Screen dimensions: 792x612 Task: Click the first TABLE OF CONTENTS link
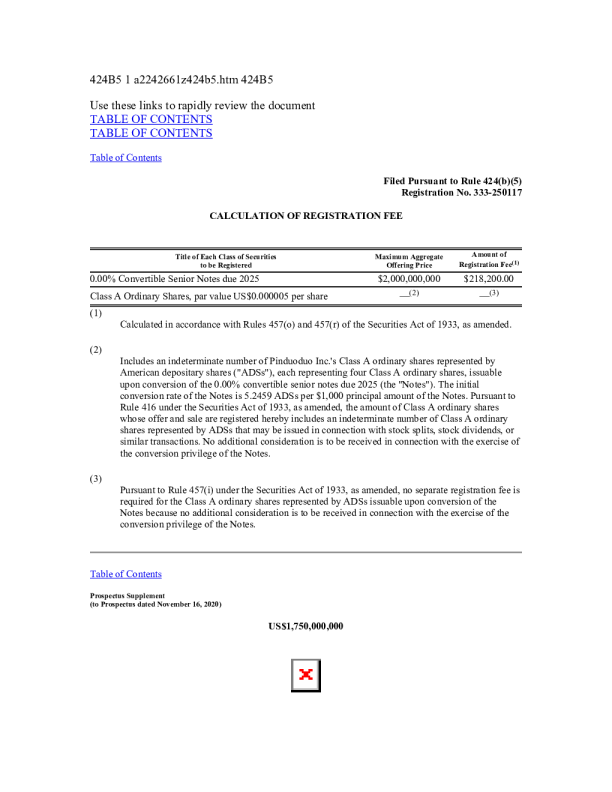click(x=151, y=119)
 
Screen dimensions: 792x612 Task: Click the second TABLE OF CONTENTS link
click(x=151, y=133)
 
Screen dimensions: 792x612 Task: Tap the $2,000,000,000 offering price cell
click(x=409, y=279)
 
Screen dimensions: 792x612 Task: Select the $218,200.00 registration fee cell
click(x=488, y=279)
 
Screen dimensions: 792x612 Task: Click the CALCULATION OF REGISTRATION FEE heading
click(x=306, y=216)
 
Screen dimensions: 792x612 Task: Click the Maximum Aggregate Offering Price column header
click(x=408, y=261)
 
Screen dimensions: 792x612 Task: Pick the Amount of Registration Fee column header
click(x=488, y=260)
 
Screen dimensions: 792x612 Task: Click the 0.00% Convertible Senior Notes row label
click(x=175, y=279)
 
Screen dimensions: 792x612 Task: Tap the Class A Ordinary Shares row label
click(x=209, y=297)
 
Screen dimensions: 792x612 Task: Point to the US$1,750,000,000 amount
click(x=306, y=627)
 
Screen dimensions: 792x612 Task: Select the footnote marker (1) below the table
click(x=96, y=314)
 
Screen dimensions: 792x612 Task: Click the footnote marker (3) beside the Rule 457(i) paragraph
click(x=96, y=479)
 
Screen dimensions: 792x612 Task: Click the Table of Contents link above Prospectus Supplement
click(x=126, y=574)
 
